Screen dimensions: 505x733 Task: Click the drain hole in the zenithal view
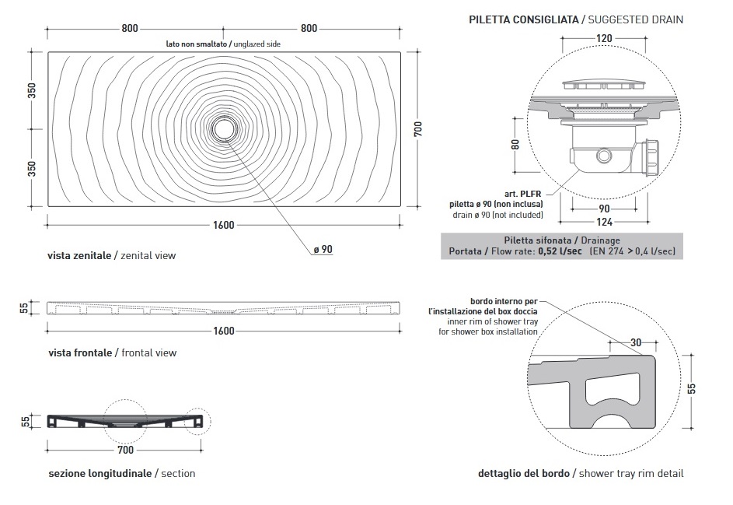click(x=224, y=128)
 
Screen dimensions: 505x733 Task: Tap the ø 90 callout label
click(x=323, y=249)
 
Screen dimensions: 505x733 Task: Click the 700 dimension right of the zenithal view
click(x=418, y=129)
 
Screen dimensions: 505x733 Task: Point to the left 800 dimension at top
click(x=130, y=29)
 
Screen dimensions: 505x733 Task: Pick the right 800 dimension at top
click(x=309, y=29)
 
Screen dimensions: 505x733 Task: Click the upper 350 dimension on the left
click(x=32, y=90)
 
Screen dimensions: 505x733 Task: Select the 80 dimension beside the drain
click(x=515, y=144)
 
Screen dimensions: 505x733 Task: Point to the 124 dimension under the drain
click(x=603, y=222)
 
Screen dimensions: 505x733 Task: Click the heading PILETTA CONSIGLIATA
click(x=523, y=19)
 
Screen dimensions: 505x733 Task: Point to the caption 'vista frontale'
click(x=80, y=352)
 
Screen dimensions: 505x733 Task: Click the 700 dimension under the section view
click(x=125, y=450)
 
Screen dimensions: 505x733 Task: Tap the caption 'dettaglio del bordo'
click(x=525, y=473)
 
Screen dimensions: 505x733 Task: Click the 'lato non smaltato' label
click(x=197, y=44)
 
